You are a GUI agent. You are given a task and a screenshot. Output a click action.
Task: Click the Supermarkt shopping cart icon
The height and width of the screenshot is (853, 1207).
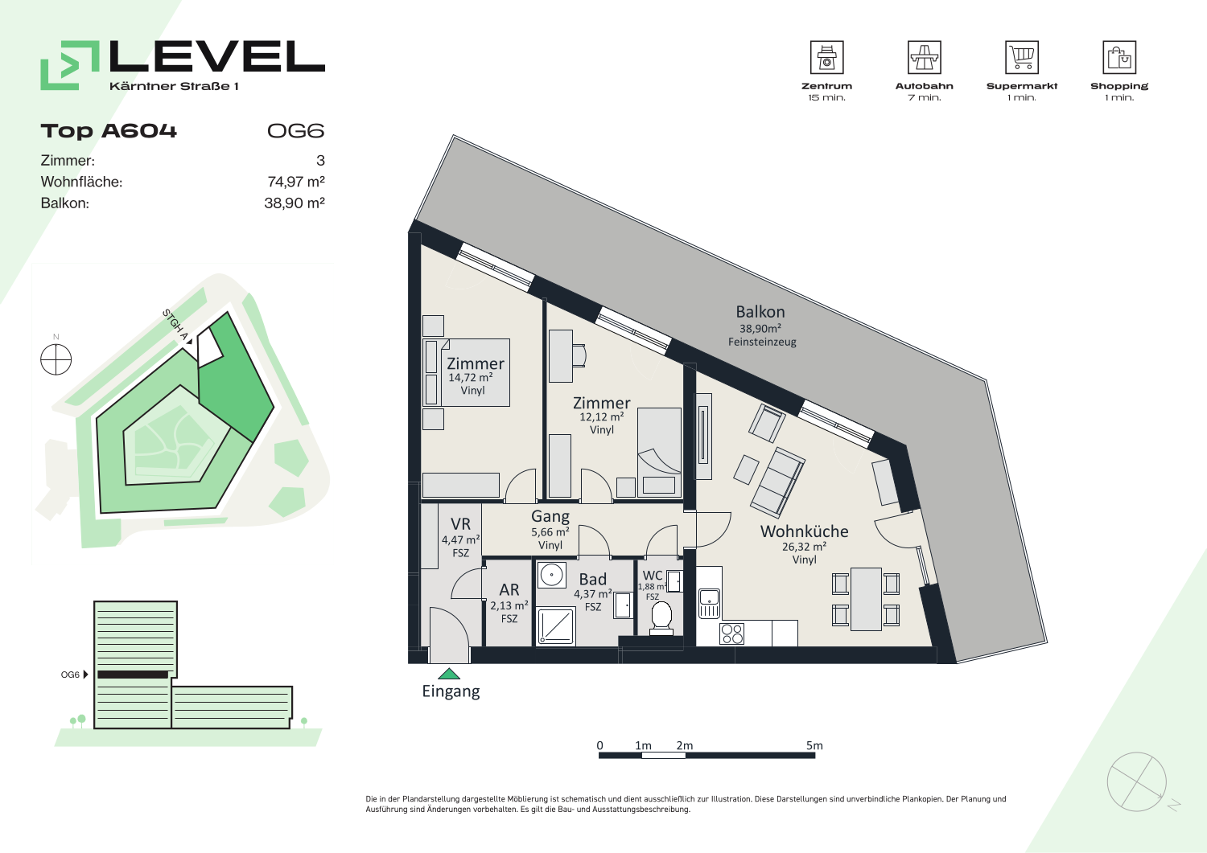tap(1022, 57)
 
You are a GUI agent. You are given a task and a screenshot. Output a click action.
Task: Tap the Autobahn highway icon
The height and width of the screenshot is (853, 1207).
tap(924, 57)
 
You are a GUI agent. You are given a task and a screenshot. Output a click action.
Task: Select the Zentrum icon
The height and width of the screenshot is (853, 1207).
tap(826, 57)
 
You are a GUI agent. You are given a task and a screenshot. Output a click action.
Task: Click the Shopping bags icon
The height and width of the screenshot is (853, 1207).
tap(1119, 57)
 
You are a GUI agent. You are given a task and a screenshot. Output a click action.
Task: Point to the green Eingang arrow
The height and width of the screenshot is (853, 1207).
tap(449, 674)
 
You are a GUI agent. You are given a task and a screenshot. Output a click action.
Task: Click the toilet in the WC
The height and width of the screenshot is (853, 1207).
tap(661, 618)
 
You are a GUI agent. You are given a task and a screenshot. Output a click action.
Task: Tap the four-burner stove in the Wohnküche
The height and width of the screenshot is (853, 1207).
tap(731, 634)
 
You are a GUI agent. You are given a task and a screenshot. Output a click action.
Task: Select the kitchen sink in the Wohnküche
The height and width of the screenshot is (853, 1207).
tap(709, 603)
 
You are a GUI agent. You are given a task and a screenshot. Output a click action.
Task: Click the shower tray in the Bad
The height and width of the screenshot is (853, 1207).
tap(556, 625)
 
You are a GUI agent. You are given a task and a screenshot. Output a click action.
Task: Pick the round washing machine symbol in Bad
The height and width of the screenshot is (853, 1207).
tap(551, 575)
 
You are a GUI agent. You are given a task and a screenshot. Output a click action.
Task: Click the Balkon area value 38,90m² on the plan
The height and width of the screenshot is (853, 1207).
tap(760, 328)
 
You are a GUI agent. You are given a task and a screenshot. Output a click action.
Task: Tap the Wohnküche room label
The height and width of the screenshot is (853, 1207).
tap(804, 531)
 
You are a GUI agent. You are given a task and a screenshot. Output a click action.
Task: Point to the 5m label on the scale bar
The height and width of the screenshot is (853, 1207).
tap(814, 745)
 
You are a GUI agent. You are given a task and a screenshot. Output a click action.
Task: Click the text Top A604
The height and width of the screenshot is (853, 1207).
tap(109, 131)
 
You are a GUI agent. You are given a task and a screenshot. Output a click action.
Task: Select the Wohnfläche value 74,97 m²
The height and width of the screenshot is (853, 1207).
tap(296, 182)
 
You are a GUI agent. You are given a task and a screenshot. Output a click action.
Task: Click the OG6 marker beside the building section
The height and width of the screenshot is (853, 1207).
tap(74, 675)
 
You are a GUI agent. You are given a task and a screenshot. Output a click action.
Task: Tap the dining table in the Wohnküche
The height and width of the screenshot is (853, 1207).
tap(866, 599)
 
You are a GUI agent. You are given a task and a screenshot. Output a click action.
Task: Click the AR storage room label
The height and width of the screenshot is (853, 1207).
tap(509, 589)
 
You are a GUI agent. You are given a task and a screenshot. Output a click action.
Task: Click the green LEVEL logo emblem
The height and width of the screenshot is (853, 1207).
tap(70, 65)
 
